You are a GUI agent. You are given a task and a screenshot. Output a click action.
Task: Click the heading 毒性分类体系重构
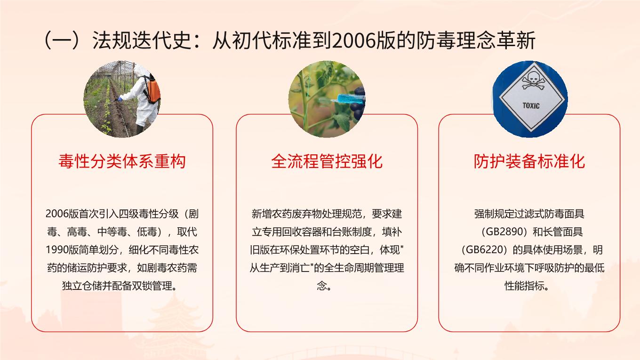[x=122, y=161]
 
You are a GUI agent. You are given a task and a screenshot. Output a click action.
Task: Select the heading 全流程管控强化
[x=327, y=161]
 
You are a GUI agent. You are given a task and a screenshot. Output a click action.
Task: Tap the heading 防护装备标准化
[x=529, y=161]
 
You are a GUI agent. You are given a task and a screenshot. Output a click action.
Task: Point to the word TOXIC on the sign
[x=531, y=106]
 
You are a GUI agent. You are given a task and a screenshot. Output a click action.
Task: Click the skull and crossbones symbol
[x=533, y=81]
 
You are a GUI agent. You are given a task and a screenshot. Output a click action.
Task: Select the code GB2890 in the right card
[x=506, y=232]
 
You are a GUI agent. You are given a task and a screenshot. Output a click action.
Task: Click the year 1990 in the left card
[x=57, y=250]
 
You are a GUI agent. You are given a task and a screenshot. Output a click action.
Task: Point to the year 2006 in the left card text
[x=57, y=214]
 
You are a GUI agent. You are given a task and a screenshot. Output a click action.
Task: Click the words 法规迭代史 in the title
[x=142, y=40]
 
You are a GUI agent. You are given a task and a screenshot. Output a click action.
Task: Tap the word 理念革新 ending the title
[x=496, y=40]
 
